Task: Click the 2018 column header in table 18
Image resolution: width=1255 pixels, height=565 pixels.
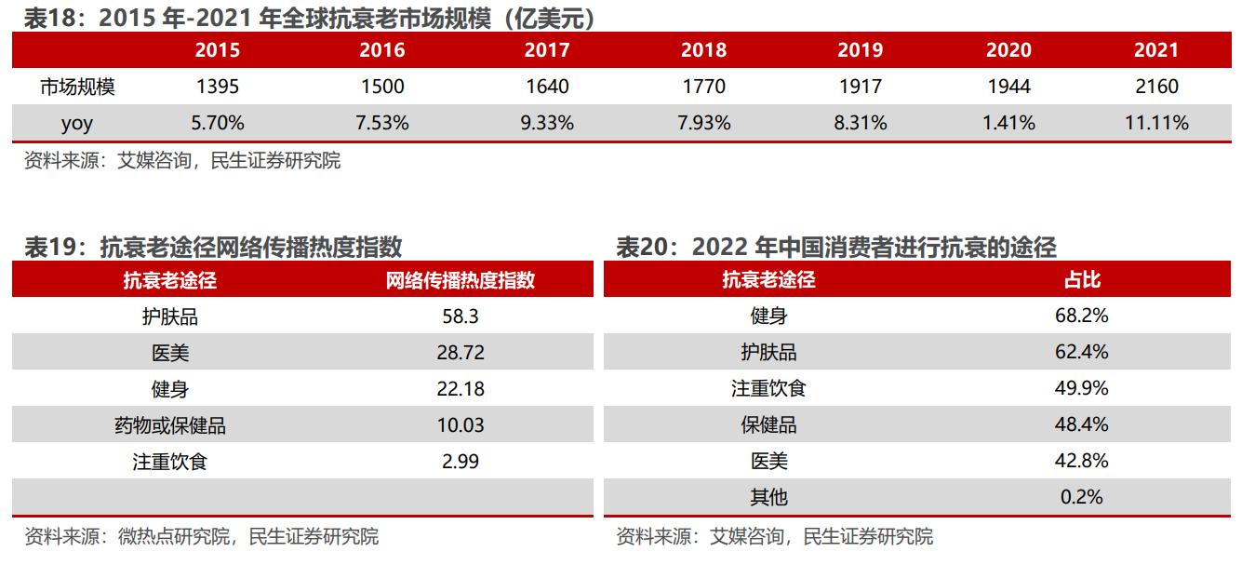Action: [x=703, y=50]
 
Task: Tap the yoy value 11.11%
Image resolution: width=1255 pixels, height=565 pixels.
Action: [x=1156, y=123]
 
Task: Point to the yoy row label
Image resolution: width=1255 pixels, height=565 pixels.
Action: [x=77, y=123]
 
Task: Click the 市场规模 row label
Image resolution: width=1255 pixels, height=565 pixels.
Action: [x=77, y=87]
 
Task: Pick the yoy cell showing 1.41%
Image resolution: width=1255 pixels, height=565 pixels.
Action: [x=1008, y=123]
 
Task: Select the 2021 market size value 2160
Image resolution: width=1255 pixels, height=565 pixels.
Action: [x=1156, y=87]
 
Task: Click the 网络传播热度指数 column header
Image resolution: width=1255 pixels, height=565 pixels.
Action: [x=461, y=280]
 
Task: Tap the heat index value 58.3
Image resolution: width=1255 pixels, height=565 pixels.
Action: [x=461, y=316]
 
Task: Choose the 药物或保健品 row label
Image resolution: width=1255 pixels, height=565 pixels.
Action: [x=170, y=425]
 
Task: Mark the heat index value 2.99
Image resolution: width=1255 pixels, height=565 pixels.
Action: [x=461, y=462]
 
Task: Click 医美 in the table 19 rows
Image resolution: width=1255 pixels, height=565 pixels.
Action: [x=170, y=353]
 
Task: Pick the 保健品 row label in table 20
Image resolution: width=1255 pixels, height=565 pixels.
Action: [x=768, y=425]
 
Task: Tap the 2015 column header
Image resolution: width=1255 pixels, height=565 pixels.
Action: [x=217, y=50]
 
